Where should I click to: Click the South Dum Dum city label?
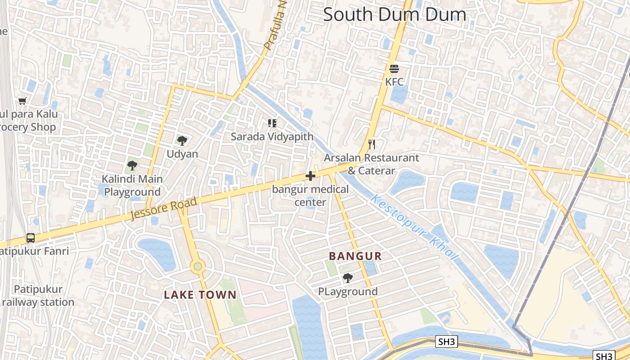pos(395,14)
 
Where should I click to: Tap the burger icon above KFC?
pos(394,69)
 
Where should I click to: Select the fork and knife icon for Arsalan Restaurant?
pos(372,144)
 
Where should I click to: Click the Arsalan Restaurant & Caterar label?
pos(371,164)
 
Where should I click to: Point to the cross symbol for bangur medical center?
pos(310,176)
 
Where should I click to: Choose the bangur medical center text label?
pos(310,196)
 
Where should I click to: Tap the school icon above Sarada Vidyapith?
pos(272,123)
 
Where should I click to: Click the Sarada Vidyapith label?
pos(272,136)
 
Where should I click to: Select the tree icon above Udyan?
pos(182,141)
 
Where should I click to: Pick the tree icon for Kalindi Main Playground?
pos(132,166)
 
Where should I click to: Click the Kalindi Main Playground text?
pos(132,185)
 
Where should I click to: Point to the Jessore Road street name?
pos(164,209)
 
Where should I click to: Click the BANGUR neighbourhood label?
pos(355,256)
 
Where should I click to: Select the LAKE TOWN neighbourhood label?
pos(200,295)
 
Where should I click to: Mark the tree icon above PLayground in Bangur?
pos(348,278)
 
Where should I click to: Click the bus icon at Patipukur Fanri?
pos(31,238)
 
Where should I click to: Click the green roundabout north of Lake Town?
pos(198,267)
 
